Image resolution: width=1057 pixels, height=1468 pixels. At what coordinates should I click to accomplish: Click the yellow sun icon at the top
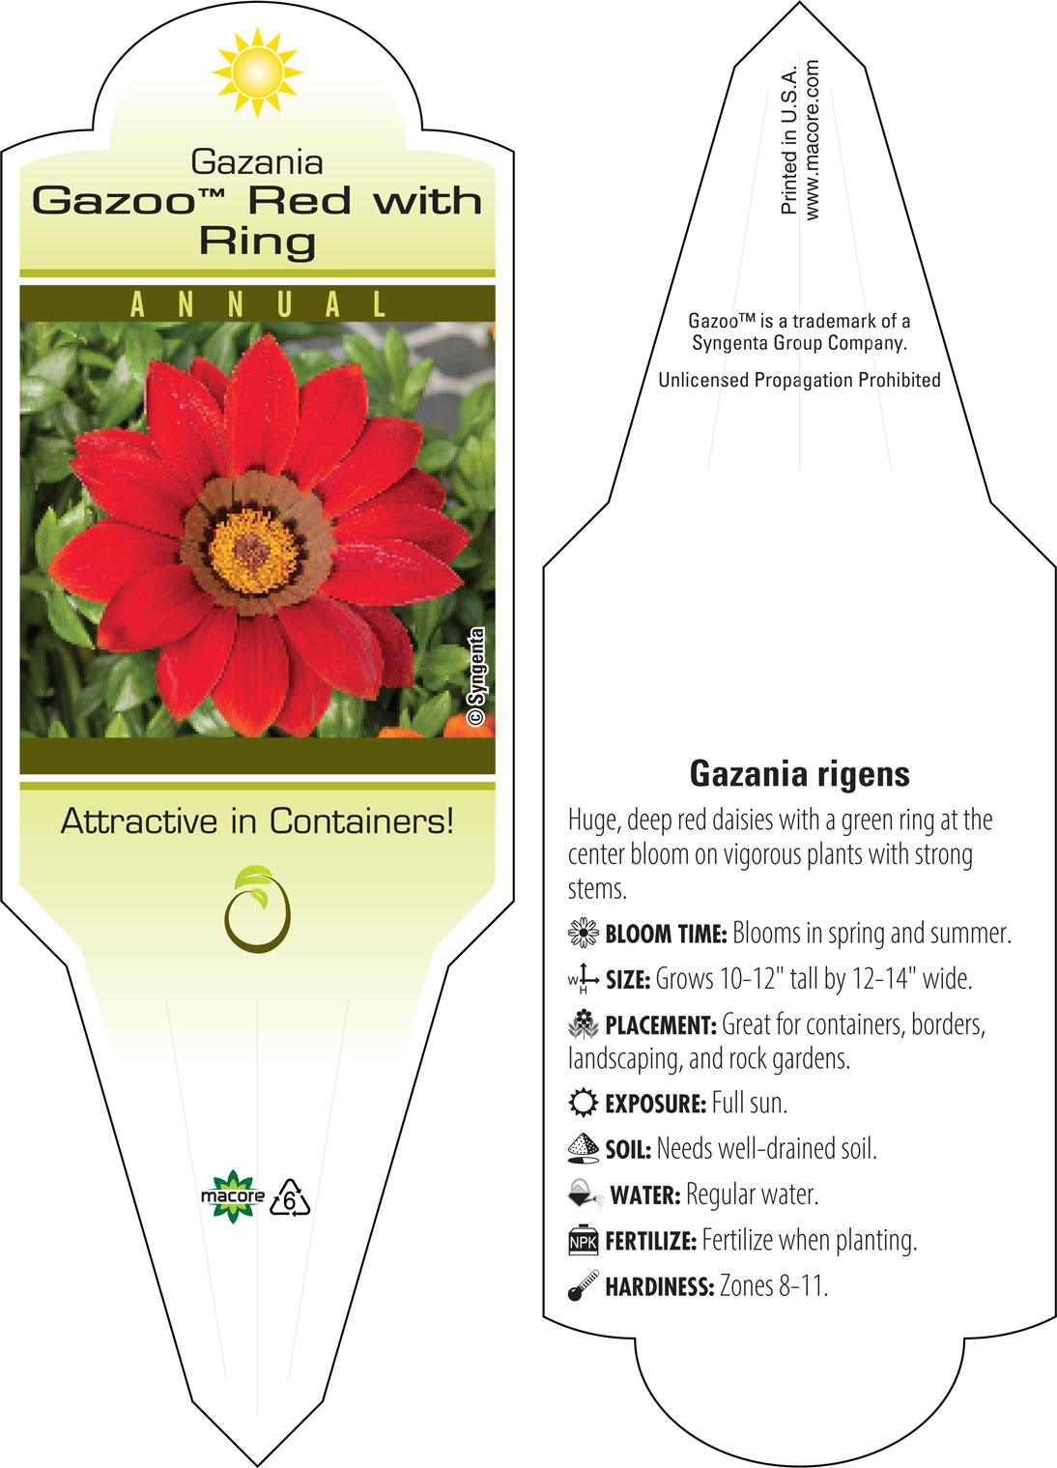(x=257, y=72)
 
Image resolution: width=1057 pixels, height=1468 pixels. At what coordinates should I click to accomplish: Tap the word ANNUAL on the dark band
(x=258, y=304)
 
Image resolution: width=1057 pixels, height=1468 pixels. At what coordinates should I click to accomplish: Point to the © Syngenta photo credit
(x=476, y=676)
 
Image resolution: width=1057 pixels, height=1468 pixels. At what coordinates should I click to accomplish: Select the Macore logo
(x=233, y=1196)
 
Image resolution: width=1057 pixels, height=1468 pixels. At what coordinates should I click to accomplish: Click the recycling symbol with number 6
(x=290, y=1197)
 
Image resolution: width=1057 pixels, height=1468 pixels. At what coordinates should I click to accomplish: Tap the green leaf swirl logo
(x=257, y=908)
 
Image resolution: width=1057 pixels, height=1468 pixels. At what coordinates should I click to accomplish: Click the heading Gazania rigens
(x=799, y=774)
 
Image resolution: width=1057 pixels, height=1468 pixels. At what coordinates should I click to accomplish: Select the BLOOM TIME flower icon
(x=583, y=933)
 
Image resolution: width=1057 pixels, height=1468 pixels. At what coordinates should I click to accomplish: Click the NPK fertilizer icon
(x=583, y=1240)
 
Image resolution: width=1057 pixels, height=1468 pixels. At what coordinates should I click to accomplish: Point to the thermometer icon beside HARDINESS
(x=583, y=1285)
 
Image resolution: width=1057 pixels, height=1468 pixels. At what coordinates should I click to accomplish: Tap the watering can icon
(x=585, y=1195)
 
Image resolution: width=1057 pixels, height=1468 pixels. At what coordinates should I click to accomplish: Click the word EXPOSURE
(x=655, y=1104)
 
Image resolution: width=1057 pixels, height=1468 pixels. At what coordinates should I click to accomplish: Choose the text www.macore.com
(x=812, y=139)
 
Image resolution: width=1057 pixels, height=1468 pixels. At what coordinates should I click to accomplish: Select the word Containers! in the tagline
(x=361, y=820)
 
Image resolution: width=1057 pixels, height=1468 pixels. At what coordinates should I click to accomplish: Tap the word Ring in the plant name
(x=258, y=242)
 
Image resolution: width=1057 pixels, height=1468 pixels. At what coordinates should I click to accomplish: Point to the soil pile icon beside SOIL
(x=583, y=1148)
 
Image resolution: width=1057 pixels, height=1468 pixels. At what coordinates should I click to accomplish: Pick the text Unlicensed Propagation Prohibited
(x=799, y=380)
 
